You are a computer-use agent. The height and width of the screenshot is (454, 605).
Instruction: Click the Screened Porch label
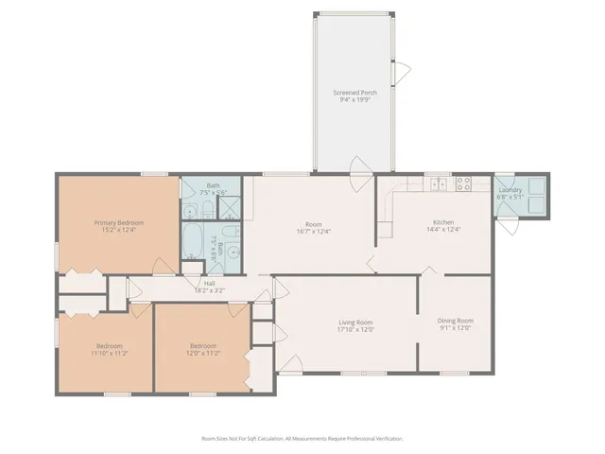click(354, 92)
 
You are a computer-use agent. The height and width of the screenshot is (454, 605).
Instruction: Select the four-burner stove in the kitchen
click(464, 184)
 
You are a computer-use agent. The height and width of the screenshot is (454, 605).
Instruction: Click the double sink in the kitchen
click(438, 184)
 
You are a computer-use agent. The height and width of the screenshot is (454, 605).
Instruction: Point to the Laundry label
click(510, 190)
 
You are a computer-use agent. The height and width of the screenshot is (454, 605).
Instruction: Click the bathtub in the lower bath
click(192, 242)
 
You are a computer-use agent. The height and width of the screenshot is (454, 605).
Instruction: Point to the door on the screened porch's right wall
click(405, 71)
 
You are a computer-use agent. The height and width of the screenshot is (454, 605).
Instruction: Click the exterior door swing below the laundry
click(510, 228)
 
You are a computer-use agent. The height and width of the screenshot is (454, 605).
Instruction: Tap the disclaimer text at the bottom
click(302, 439)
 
